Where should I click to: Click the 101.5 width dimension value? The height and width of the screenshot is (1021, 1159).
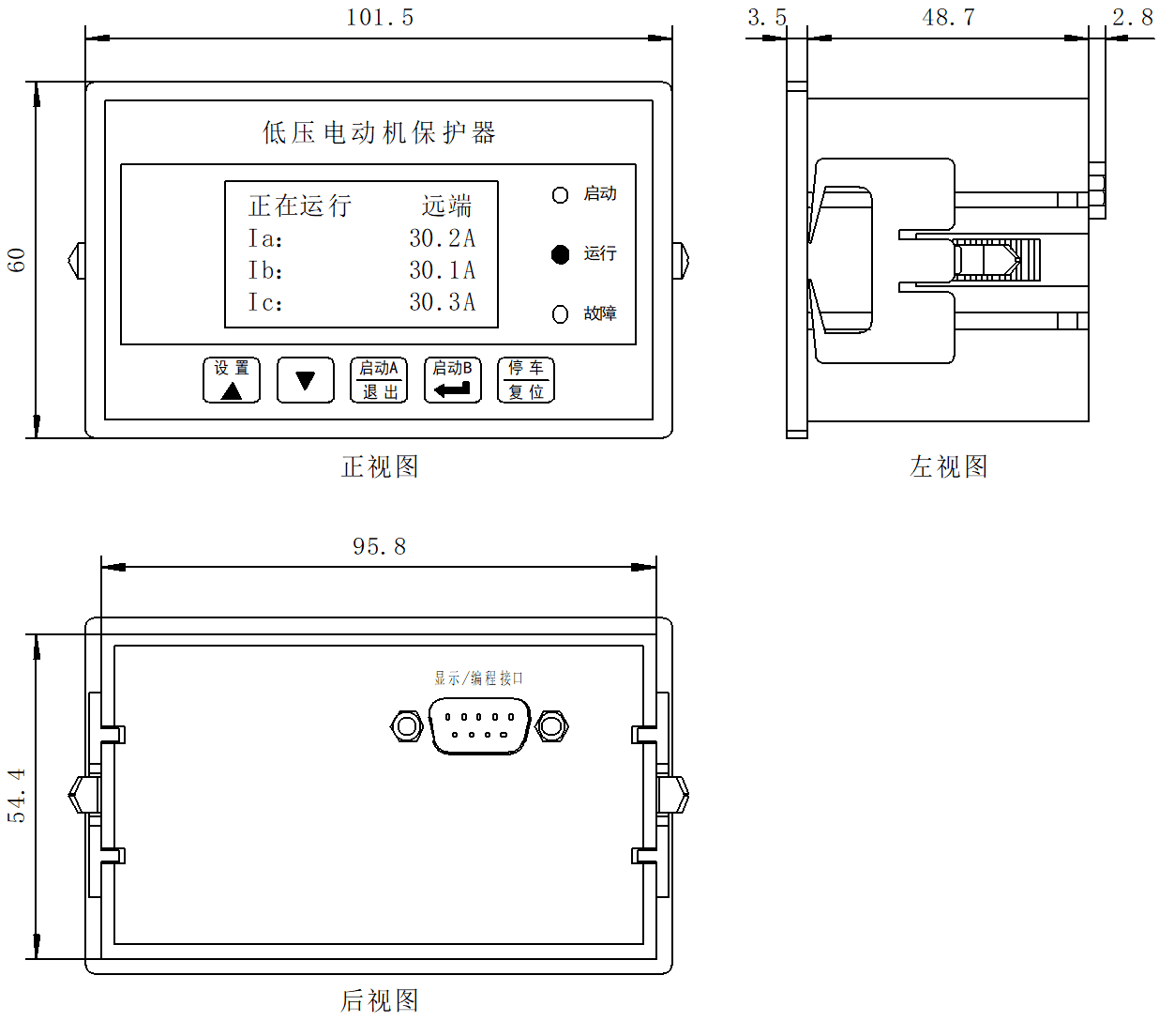(379, 17)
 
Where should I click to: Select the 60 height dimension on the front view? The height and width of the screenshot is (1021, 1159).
(17, 259)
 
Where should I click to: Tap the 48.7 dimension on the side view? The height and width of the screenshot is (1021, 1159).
(948, 17)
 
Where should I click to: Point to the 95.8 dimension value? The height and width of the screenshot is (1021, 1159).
(379, 546)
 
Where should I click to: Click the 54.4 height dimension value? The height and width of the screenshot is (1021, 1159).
(17, 796)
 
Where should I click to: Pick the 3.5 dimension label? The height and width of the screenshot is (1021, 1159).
(766, 17)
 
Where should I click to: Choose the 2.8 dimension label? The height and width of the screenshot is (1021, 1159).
(1132, 17)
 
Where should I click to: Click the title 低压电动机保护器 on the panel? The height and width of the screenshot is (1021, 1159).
(379, 132)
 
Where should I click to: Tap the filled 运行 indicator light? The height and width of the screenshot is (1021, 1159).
(560, 254)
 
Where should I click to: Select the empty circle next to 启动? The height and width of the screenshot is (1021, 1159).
(560, 194)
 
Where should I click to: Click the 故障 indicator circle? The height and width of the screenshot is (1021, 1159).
(560, 314)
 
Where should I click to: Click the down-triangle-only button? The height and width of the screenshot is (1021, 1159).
(305, 380)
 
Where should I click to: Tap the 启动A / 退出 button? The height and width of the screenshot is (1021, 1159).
(379, 380)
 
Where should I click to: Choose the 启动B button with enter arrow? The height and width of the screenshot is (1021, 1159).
(452, 380)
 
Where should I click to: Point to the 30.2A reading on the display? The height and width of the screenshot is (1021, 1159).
(442, 238)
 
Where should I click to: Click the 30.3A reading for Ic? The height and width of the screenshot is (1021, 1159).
(442, 302)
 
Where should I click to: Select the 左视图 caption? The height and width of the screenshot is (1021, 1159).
(948, 466)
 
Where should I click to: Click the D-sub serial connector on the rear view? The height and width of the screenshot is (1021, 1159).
(478, 725)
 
